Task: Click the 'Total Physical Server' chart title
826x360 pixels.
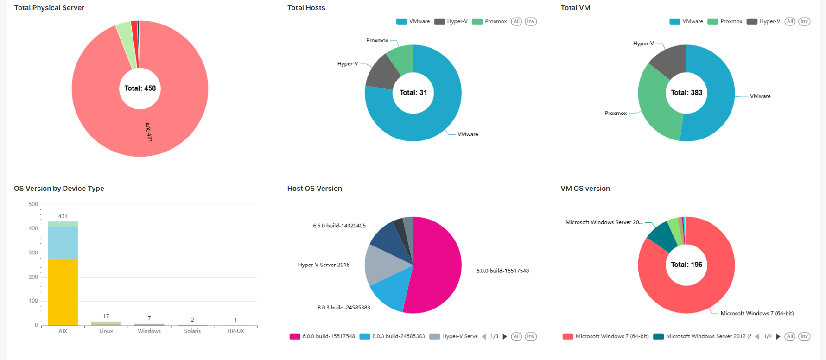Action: [x=49, y=8]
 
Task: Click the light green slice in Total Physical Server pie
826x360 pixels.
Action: [x=126, y=44]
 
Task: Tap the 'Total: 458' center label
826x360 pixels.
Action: [x=140, y=88]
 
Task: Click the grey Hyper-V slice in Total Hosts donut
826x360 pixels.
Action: [x=382, y=72]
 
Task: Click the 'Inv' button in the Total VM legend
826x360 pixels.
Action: [x=804, y=21]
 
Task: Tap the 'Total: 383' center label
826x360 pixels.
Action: [x=686, y=93]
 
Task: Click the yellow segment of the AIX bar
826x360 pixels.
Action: [x=63, y=292]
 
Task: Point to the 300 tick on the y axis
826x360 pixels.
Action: [x=33, y=253]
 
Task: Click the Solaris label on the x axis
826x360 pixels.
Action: [x=192, y=331]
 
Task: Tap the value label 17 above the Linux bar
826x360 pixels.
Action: [x=106, y=316]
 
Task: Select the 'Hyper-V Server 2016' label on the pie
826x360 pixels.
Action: [x=324, y=265]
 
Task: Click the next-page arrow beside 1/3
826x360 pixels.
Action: [x=505, y=336]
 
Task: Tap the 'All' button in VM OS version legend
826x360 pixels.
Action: [x=790, y=336]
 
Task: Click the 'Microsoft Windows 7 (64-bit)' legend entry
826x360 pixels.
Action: [x=606, y=336]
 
